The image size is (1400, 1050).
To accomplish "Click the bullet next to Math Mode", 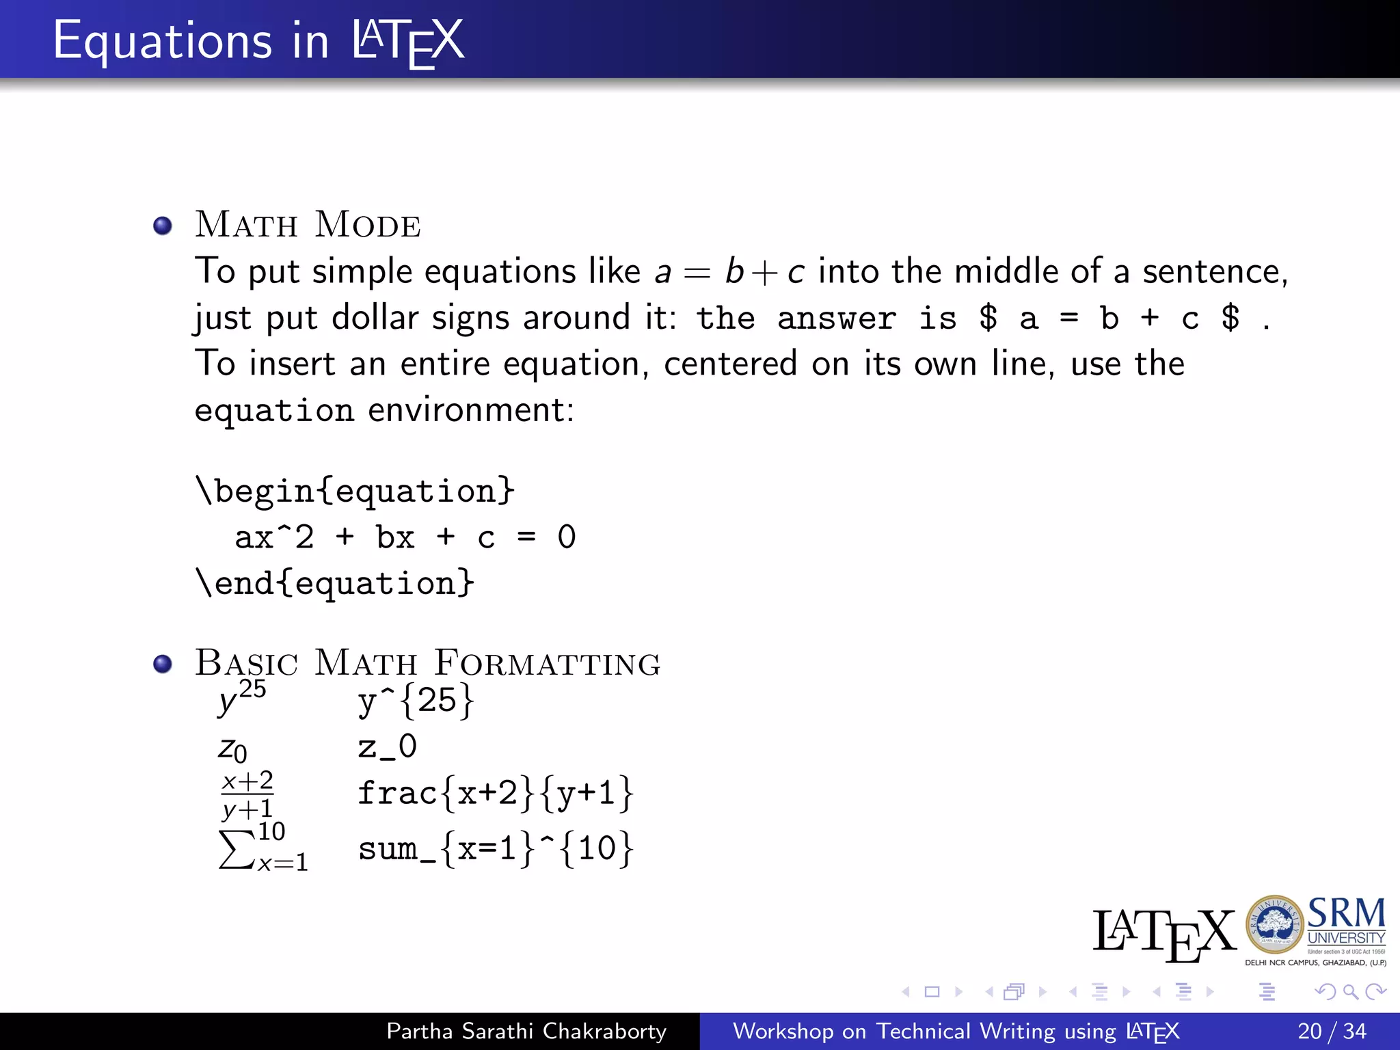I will click(163, 226).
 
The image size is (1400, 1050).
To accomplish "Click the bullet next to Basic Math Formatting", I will click(163, 664).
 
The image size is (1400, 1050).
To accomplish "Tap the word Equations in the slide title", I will click(162, 41).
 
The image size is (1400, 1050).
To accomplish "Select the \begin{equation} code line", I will click(355, 492).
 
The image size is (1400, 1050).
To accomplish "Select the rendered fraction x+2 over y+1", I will click(247, 795).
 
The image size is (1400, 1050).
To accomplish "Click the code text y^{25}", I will click(416, 701).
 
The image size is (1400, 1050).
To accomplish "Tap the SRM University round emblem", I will click(1274, 925).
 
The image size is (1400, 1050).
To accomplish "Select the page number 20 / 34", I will click(1332, 1031).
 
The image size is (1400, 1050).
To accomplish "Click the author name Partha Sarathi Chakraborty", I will click(526, 1031).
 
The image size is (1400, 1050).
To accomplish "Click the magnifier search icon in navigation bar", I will click(1350, 991).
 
